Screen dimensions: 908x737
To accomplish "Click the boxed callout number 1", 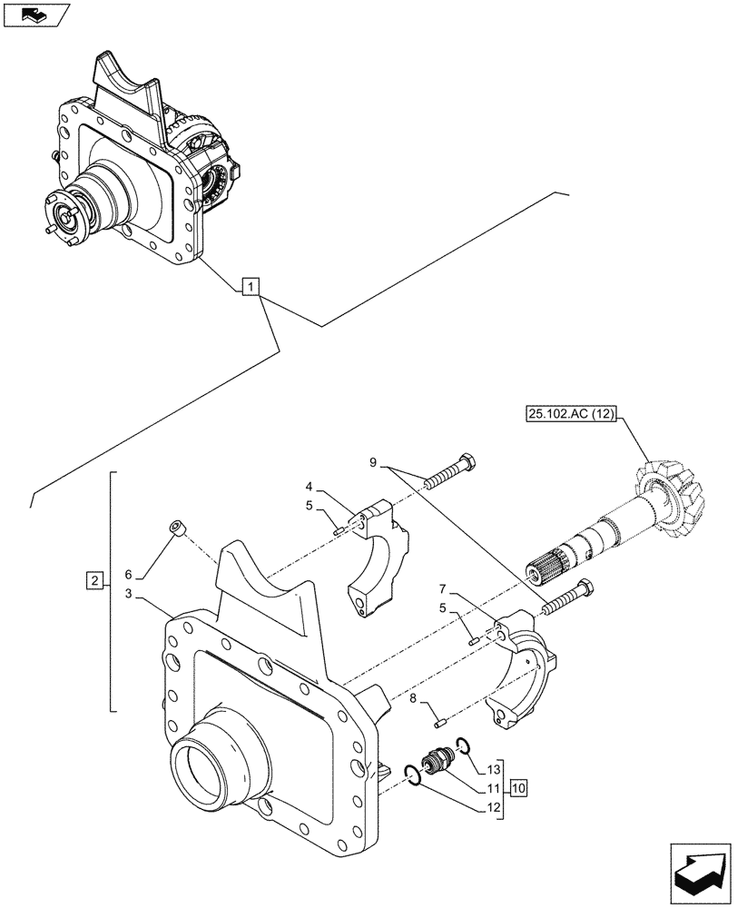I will pyautogui.click(x=251, y=289).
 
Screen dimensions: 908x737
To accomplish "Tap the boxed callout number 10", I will pyautogui.click(x=517, y=786).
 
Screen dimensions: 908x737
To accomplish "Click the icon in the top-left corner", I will pyautogui.click(x=34, y=14).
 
